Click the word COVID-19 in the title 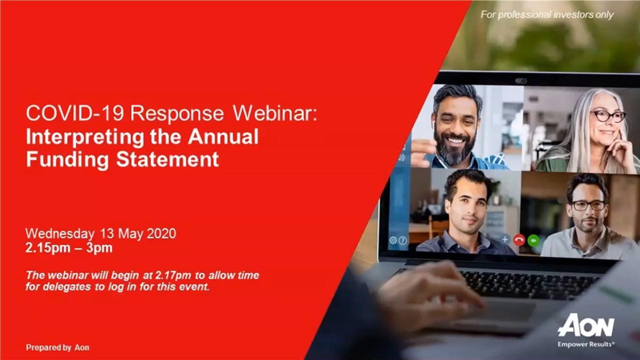[x=75, y=113]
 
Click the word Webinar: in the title [x=275, y=113]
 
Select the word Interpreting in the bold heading [x=85, y=137]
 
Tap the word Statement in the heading [x=167, y=159]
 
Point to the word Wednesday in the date [x=60, y=233]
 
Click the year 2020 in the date [x=161, y=233]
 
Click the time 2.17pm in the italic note [x=173, y=275]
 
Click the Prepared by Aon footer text [x=57, y=347]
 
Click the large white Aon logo [x=586, y=325]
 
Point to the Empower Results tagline [x=586, y=344]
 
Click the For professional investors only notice [x=547, y=14]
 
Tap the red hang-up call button [x=519, y=240]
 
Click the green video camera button [x=533, y=240]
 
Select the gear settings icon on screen [x=393, y=240]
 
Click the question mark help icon [x=402, y=241]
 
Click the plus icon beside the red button [x=505, y=239]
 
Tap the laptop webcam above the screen [x=521, y=81]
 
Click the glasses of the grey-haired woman [x=608, y=116]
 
